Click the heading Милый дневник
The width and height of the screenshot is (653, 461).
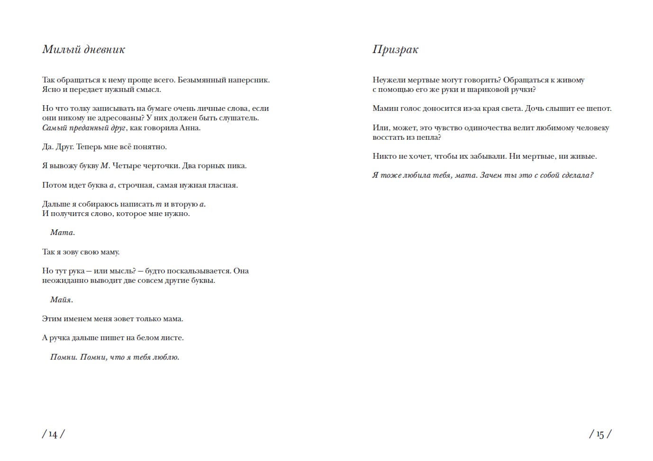click(83, 49)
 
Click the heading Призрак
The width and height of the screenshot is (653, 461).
click(395, 49)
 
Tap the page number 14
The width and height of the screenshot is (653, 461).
click(53, 434)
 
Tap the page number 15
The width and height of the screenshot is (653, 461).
click(600, 434)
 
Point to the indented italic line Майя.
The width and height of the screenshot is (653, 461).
click(62, 299)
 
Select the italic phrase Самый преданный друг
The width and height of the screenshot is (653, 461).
click(84, 128)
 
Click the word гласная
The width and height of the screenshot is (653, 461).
click(221, 185)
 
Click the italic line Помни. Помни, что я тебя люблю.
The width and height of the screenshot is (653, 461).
click(115, 357)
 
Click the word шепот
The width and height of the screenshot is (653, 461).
click(599, 108)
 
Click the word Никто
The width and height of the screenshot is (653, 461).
click(383, 156)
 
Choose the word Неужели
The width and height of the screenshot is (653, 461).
click(389, 80)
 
